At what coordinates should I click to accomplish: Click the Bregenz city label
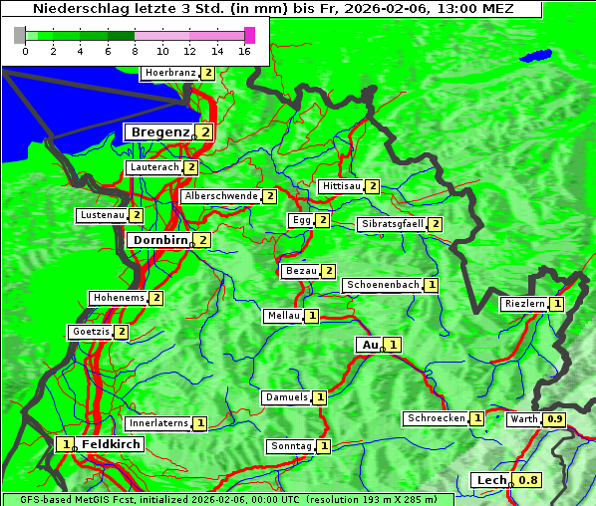(158, 131)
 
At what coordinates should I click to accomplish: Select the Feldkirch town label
(111, 444)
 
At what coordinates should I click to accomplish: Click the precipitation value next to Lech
(528, 480)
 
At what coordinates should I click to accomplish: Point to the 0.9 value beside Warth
(555, 419)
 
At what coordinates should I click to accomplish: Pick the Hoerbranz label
(169, 73)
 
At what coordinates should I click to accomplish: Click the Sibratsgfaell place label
(392, 224)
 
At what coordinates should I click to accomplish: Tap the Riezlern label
(524, 304)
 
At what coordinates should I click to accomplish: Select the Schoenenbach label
(382, 285)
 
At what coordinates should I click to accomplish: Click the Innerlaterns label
(158, 423)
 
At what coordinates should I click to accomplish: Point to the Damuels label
(286, 397)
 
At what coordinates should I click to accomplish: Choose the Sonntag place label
(291, 446)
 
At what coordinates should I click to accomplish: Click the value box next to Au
(394, 345)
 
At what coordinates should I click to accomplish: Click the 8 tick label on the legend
(135, 52)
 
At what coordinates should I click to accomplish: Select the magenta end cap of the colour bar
(249, 35)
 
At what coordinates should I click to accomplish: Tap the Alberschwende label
(221, 196)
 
